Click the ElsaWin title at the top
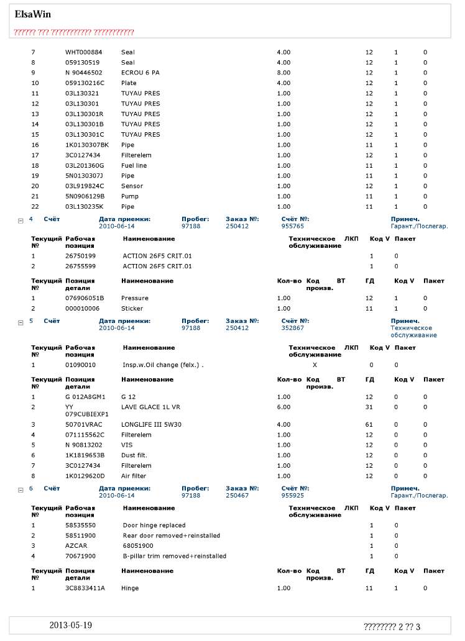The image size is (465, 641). pos(33,14)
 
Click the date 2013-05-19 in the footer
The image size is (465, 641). pos(71,625)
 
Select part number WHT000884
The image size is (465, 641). pos(84,52)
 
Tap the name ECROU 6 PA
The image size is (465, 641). pos(140,73)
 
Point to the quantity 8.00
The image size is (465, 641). pos(283,73)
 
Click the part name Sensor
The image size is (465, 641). pos(132,186)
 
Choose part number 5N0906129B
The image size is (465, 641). pos(85,196)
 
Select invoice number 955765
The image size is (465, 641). pos(293,226)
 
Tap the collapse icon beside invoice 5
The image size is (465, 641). pos(21,322)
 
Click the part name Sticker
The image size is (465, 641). pos(132,308)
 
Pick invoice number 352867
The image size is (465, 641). pos(293,328)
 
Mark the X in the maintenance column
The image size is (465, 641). pos(315,365)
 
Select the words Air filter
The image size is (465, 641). pos(134,476)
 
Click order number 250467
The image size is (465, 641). pos(237,496)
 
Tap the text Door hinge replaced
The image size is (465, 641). pos(154,525)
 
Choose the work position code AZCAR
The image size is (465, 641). pos(75,545)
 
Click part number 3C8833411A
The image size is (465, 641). pos(85,588)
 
